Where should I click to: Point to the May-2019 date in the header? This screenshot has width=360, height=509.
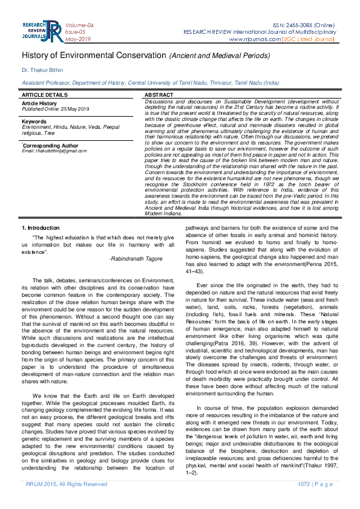tap(78, 39)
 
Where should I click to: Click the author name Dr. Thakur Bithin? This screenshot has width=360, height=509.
tap(42, 70)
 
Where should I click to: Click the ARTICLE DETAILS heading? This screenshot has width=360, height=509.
tap(45, 96)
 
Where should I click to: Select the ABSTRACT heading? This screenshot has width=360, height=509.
tap(159, 96)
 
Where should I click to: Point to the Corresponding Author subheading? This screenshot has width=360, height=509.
tap(51, 146)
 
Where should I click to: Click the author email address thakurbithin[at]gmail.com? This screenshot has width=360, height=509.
tap(54, 151)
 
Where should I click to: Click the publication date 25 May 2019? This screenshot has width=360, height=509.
tap(71, 108)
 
